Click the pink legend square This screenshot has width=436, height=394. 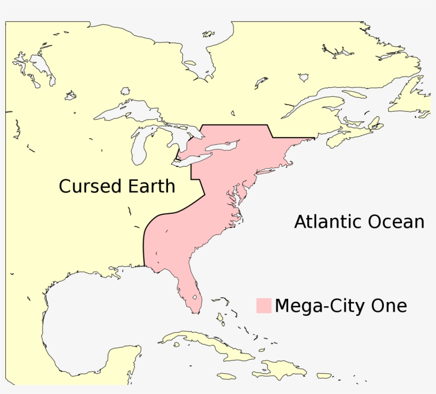[x=263, y=306]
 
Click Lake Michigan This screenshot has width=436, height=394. [x=139, y=149]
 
